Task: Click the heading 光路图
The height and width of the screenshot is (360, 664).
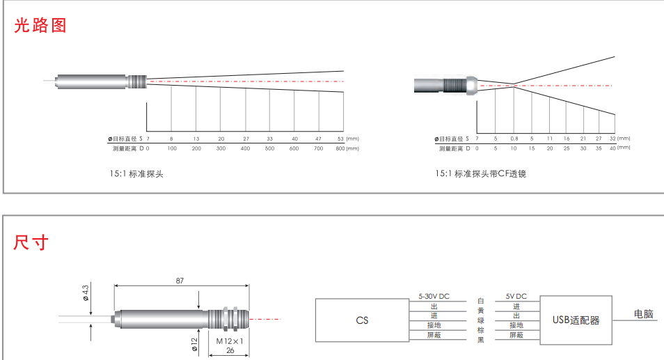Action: (40, 26)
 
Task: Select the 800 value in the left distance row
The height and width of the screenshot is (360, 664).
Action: (340, 148)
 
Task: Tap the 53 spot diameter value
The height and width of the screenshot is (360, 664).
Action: (340, 138)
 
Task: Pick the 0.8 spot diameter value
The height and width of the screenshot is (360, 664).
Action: (514, 138)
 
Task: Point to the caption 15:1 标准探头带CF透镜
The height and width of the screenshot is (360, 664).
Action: (481, 173)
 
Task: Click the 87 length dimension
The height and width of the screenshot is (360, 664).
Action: (180, 281)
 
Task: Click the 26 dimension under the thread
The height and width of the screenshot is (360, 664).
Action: (229, 351)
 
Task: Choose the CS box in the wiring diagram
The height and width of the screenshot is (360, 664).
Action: (362, 320)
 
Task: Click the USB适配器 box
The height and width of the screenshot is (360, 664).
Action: (576, 320)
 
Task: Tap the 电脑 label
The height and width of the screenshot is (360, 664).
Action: (644, 315)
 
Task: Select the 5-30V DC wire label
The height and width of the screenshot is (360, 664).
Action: (434, 296)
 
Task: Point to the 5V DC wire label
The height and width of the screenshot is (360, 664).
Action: (516, 296)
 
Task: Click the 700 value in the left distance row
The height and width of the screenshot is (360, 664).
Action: (319, 148)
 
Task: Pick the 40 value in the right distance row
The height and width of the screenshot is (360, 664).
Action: (612, 148)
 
